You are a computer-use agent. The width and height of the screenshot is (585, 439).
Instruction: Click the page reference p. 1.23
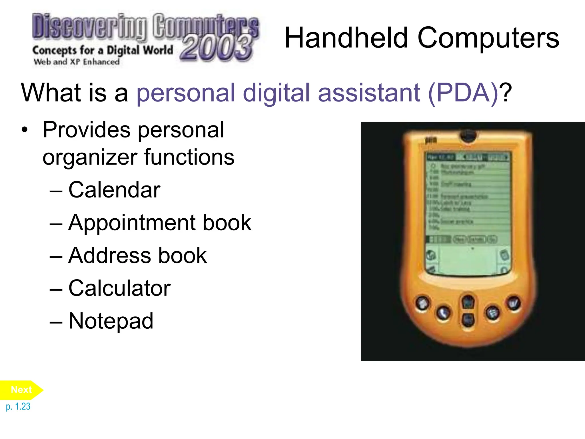[x=18, y=406]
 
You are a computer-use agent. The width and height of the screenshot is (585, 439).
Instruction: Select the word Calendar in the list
[x=114, y=190]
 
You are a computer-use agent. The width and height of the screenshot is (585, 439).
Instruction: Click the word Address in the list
[x=109, y=255]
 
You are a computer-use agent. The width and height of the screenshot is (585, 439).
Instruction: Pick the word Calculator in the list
[x=119, y=288]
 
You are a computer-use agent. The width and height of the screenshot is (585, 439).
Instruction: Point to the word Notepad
[x=111, y=321]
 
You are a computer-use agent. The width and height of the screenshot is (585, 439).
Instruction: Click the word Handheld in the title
[x=346, y=38]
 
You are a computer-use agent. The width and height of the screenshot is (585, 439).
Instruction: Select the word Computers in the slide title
[x=488, y=38]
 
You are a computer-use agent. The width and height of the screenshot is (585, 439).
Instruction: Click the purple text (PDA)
[x=463, y=93]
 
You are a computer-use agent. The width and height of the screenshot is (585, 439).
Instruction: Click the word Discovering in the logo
[x=89, y=26]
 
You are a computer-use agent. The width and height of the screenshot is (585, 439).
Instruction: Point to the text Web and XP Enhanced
[x=77, y=62]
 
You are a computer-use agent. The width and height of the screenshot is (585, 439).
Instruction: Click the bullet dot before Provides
[x=25, y=130]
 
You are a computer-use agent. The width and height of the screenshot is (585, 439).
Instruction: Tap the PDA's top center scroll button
[x=468, y=301]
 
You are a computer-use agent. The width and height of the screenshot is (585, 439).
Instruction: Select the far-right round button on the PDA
[x=514, y=303]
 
